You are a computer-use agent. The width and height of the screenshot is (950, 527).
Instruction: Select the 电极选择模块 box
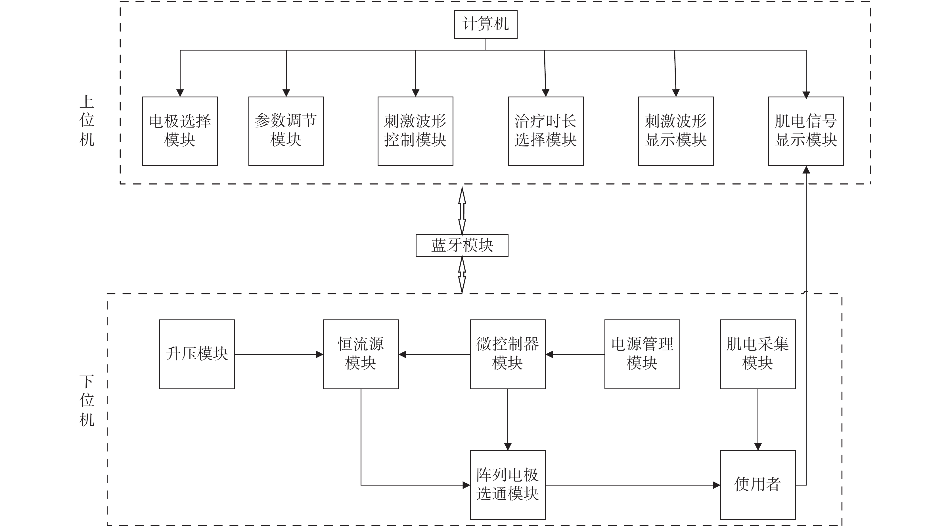tap(180, 131)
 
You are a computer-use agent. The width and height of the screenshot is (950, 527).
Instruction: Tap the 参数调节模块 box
tap(286, 131)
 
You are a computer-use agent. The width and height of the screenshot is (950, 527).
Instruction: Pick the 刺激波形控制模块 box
tap(415, 131)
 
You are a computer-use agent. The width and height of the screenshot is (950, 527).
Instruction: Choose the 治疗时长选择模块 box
tap(545, 131)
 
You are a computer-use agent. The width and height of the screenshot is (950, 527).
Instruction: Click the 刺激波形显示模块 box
tap(676, 131)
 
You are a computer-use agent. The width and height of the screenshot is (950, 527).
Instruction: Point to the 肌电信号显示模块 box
tap(806, 131)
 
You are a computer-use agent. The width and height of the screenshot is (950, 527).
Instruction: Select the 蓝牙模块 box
tap(462, 245)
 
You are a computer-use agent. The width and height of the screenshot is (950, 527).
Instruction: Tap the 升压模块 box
tap(197, 354)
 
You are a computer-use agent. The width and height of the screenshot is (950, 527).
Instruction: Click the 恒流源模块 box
tap(361, 354)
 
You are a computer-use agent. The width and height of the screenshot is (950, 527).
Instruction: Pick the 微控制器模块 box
tap(507, 354)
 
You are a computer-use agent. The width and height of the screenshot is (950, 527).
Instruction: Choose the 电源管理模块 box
tap(642, 354)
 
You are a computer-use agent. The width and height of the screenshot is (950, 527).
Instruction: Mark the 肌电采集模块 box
tap(758, 354)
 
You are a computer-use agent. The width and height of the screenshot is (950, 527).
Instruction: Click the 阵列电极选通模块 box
tap(507, 485)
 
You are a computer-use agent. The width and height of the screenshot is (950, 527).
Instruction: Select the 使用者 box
tap(758, 485)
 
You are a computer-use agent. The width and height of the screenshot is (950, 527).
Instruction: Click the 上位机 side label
tap(87, 121)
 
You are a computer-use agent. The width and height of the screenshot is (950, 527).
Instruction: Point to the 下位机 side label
tap(87, 401)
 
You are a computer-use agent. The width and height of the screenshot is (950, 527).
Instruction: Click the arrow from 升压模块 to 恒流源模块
tap(279, 354)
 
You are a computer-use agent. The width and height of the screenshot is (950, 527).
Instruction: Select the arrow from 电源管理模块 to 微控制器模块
tap(575, 354)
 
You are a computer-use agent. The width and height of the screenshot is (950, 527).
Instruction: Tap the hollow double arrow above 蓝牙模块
tap(462, 211)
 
